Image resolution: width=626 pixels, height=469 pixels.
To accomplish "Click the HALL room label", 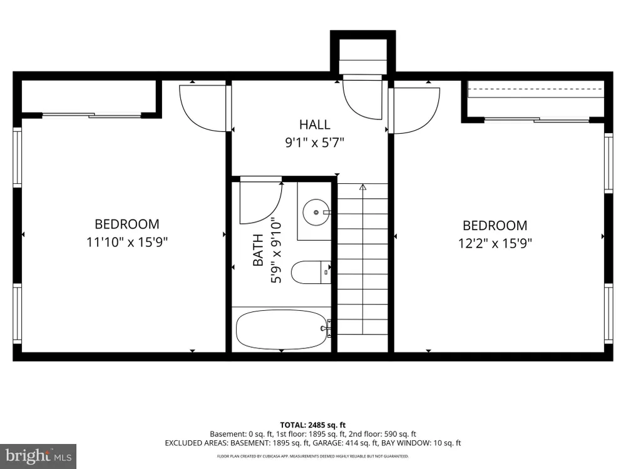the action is tap(315, 124).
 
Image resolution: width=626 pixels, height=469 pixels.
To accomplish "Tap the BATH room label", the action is tap(258, 250).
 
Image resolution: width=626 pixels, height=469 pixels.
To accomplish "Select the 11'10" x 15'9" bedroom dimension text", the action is tap(127, 241).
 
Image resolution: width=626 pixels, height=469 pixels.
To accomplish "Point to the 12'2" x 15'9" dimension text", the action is tap(495, 243).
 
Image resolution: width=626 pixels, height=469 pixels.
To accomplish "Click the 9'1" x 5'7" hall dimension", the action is tap(315, 142).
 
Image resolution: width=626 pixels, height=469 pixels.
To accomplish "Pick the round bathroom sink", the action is tap(316, 212).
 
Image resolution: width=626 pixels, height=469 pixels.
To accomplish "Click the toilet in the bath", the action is tap(311, 272).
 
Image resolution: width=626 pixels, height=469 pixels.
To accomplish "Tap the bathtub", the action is tap(283, 330).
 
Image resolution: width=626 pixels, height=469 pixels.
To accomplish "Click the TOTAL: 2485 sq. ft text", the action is tap(312, 425).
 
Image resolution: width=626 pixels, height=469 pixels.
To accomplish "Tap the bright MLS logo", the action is tap(38, 456).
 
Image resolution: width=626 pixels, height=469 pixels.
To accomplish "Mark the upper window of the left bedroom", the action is tap(17, 157).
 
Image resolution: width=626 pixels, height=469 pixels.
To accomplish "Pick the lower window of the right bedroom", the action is tap(608, 313).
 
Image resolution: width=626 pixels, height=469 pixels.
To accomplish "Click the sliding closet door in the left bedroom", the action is tap(92, 115).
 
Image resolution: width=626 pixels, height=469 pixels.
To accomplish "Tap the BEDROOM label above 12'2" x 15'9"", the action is tap(495, 225).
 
